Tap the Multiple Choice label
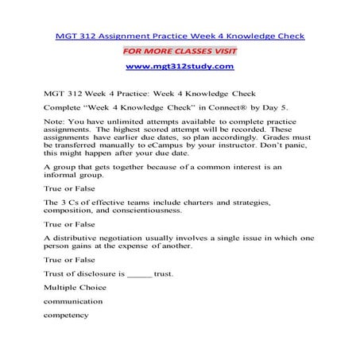(x=75, y=288)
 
